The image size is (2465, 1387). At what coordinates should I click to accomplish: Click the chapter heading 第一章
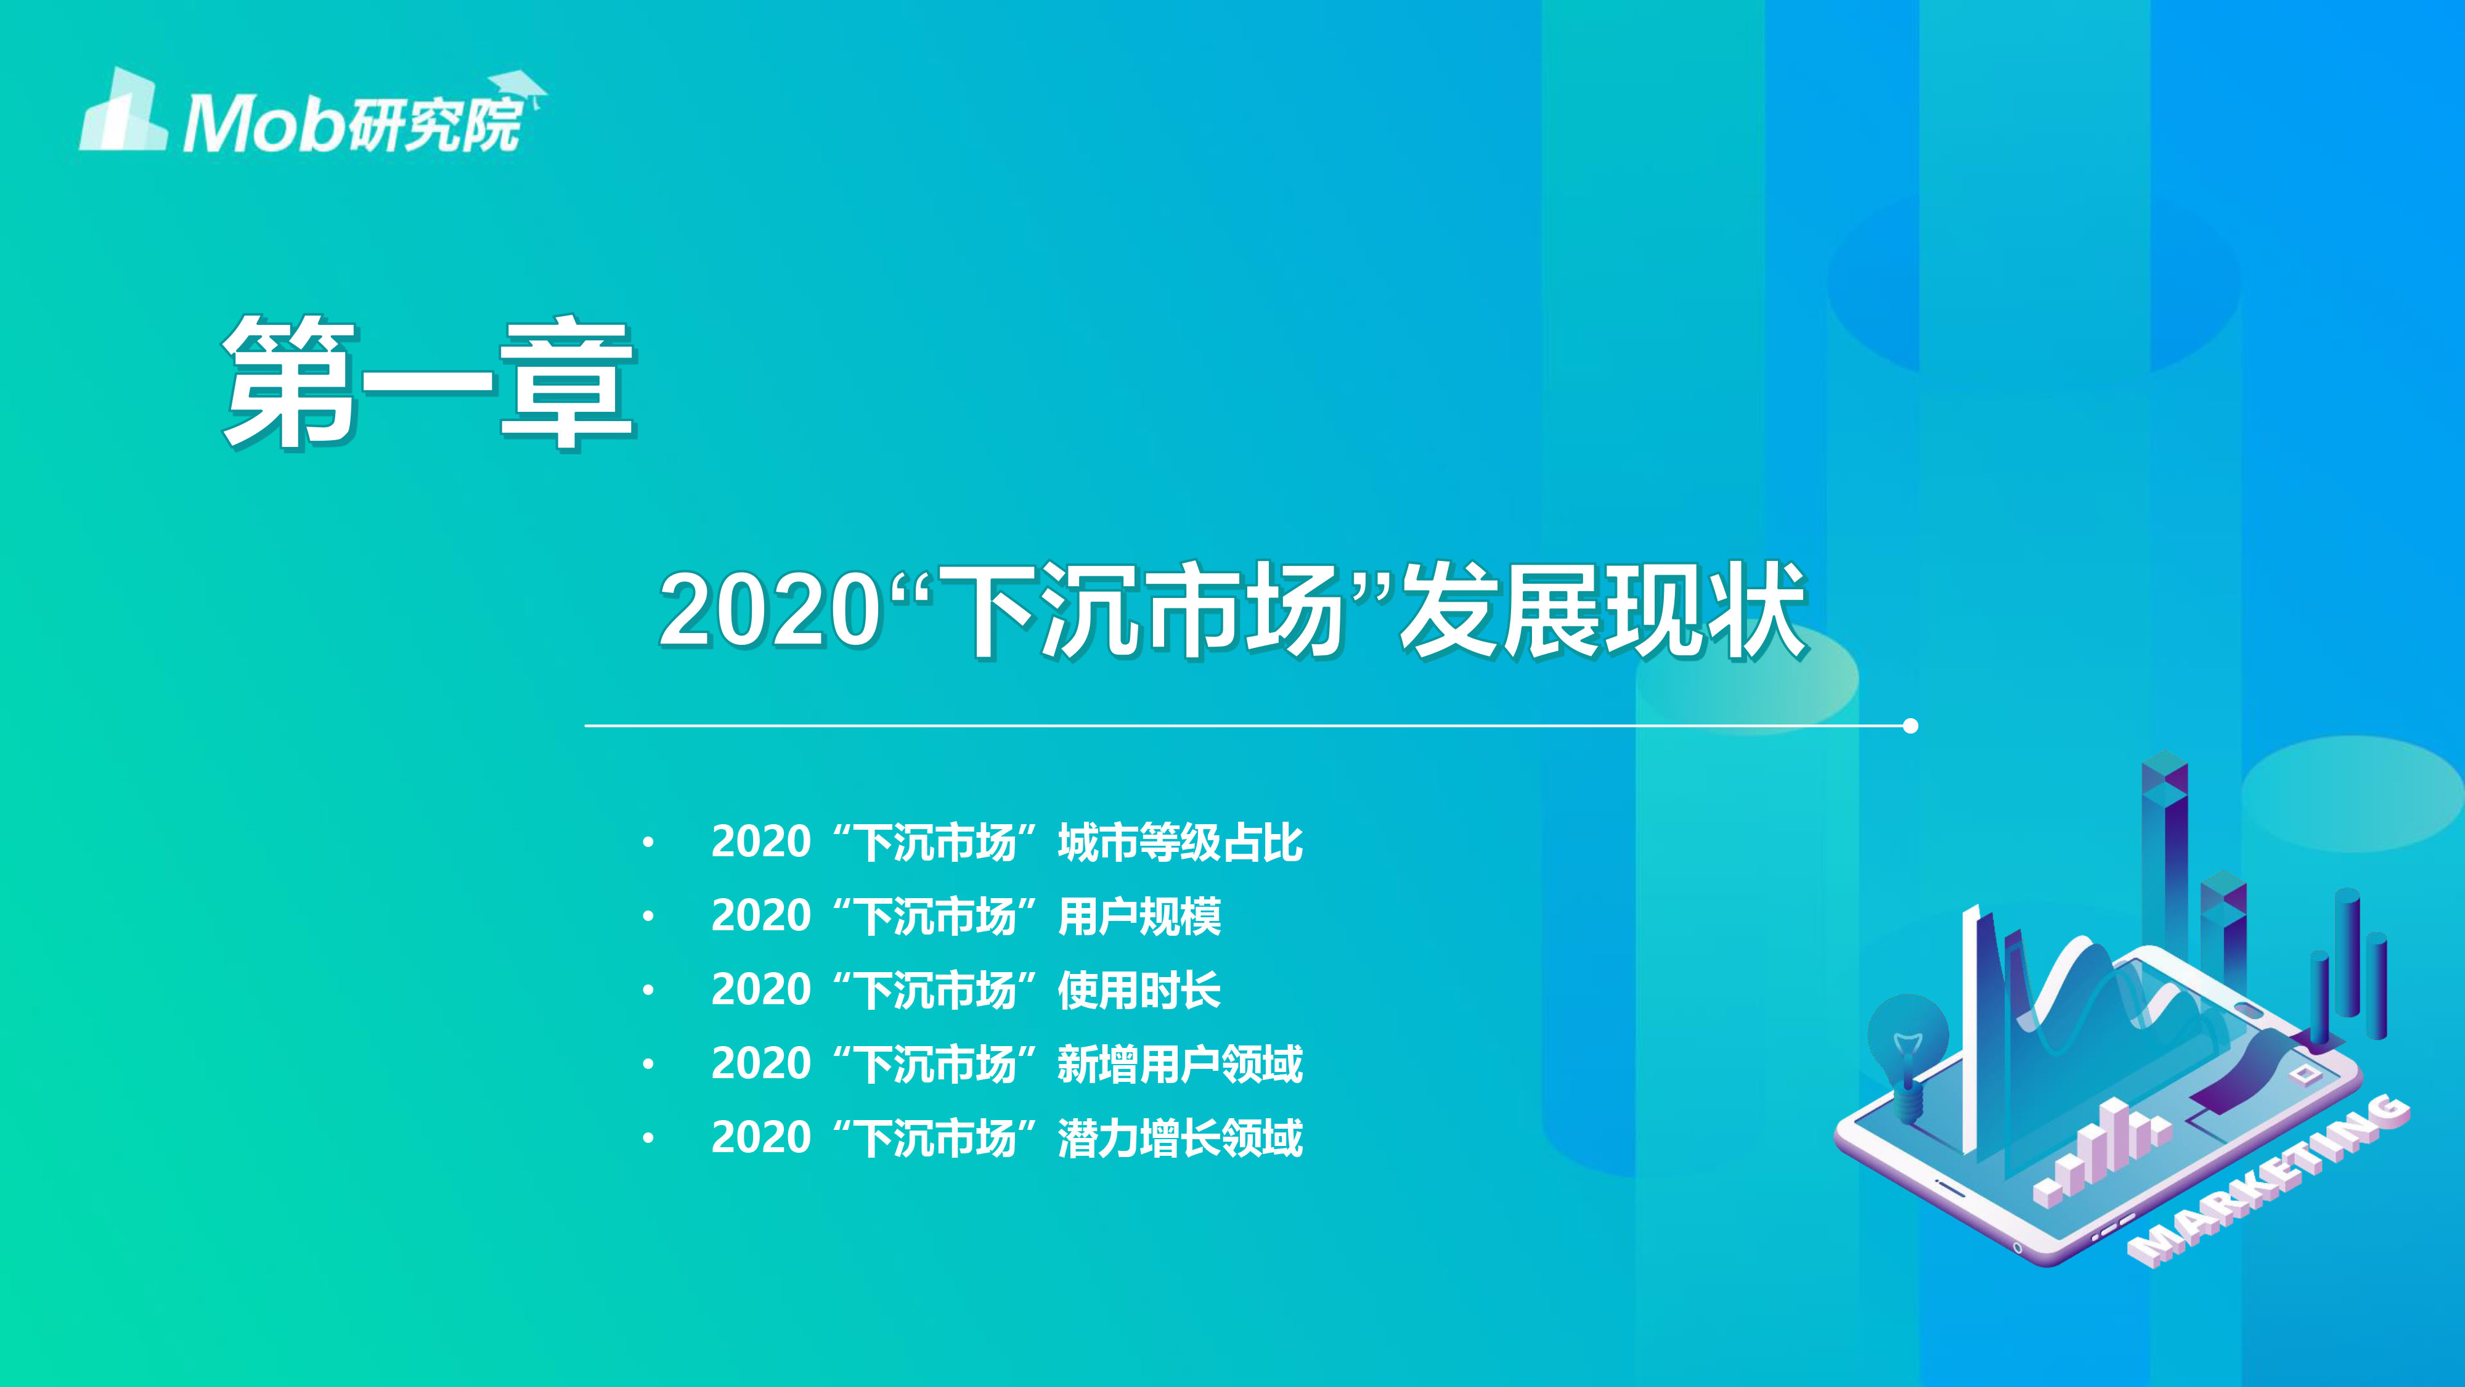tap(429, 382)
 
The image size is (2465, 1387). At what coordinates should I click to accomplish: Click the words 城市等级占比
tap(1180, 842)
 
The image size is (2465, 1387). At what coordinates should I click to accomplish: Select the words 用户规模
tap(1139, 916)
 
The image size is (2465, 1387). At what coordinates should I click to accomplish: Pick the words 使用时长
tap(1139, 990)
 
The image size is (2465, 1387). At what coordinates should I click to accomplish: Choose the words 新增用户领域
tap(1180, 1063)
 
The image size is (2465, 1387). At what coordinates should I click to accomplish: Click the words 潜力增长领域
tap(1180, 1137)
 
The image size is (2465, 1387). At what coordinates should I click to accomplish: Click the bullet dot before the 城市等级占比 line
tap(648, 842)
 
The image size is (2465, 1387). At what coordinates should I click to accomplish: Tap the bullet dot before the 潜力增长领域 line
tap(648, 1137)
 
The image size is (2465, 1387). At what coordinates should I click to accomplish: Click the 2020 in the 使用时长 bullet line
tap(760, 990)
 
